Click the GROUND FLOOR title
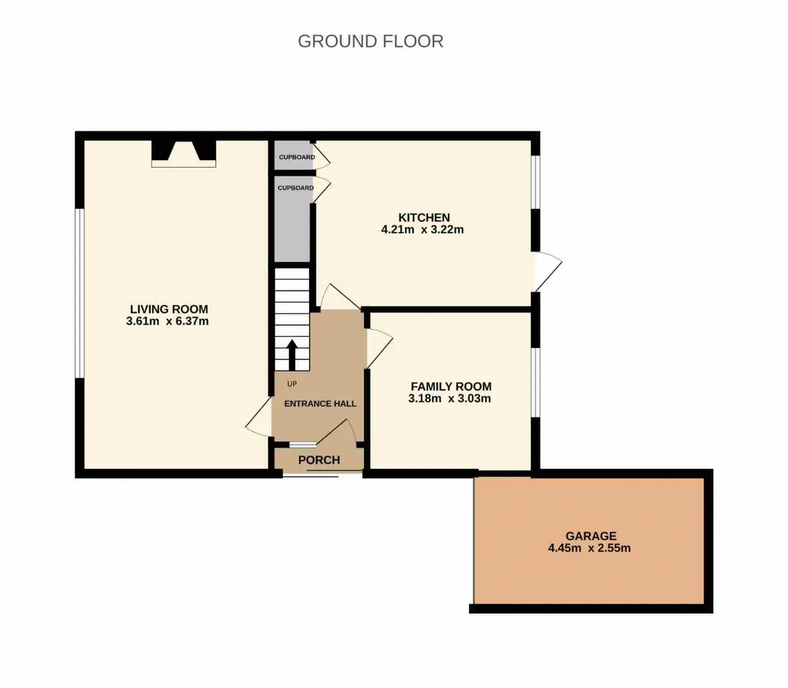click(371, 42)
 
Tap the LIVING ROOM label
click(169, 309)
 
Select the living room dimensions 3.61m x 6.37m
click(167, 321)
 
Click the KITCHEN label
click(424, 217)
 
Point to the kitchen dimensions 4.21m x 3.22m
click(422, 230)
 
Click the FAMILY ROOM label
click(451, 386)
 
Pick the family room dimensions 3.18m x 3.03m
click(449, 399)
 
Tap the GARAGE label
click(591, 536)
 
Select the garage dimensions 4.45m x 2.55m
click(589, 548)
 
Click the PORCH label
click(319, 460)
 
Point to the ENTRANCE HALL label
click(320, 403)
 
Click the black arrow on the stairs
click(292, 355)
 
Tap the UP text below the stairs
click(292, 384)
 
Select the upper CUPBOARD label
click(297, 157)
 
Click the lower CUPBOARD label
click(295, 188)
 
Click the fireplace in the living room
click(183, 154)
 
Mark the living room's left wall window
click(79, 293)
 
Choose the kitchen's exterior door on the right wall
click(546, 272)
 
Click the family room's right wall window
click(536, 382)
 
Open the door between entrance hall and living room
click(258, 417)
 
